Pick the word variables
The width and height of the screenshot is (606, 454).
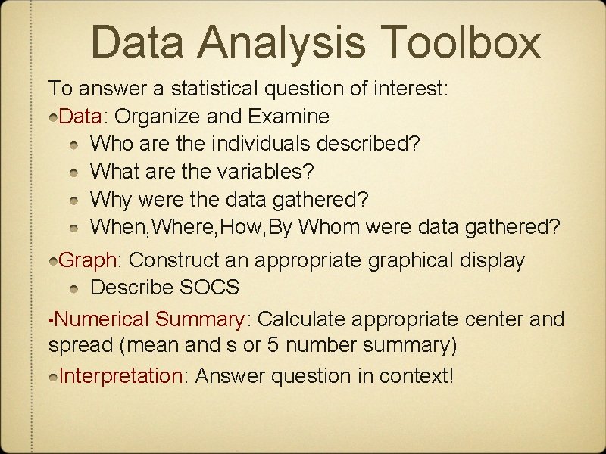tap(266, 172)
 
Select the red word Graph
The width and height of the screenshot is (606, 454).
tap(86, 261)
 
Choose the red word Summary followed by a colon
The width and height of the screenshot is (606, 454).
tap(201, 319)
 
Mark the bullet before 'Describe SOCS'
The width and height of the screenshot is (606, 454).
tap(73, 289)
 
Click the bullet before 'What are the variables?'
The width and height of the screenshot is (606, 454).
tap(73, 173)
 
